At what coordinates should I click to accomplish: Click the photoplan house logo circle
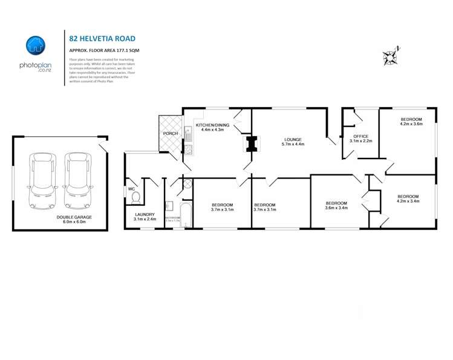click(x=36, y=45)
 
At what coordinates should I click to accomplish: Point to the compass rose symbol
click(x=391, y=56)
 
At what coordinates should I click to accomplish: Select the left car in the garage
click(x=43, y=175)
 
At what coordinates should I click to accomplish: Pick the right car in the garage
click(x=77, y=175)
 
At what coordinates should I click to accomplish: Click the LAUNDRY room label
click(x=145, y=214)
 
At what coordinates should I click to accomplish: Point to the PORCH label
click(x=169, y=133)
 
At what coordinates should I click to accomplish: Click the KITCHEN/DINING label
click(x=210, y=125)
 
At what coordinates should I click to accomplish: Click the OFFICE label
click(x=361, y=136)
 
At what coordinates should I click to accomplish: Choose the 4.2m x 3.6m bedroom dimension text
click(x=411, y=124)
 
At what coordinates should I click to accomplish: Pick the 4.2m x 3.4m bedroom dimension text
click(x=408, y=201)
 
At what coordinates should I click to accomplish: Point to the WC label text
click(x=131, y=189)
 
